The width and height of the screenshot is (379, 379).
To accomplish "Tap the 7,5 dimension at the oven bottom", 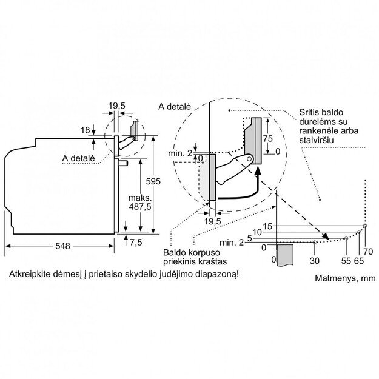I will tap(136, 243).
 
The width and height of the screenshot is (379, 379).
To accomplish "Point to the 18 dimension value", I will tap(85, 130).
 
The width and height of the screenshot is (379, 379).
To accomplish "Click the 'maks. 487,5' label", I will tap(139, 203).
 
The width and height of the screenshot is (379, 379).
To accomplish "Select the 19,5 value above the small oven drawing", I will tap(117, 106).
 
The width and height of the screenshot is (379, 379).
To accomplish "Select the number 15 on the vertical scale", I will tap(268, 226).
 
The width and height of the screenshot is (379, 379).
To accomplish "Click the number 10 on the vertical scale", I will tap(257, 232).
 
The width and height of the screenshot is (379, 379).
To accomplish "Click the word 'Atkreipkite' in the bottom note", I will tap(29, 274).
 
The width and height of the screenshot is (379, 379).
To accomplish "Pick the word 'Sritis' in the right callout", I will tap(309, 113).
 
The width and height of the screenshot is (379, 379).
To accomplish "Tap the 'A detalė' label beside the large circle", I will tap(175, 106).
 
